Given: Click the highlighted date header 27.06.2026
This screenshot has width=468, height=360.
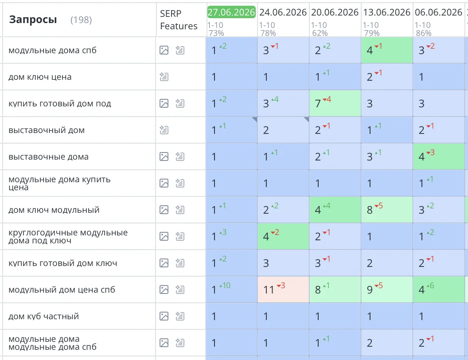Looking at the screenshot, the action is click(231, 12).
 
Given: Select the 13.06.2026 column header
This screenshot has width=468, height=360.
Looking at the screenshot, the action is click(386, 12).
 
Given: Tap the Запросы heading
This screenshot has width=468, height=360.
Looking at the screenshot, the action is click(33, 20).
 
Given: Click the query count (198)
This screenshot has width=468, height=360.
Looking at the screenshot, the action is click(81, 20).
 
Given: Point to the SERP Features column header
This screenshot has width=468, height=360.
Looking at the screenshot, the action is click(179, 20).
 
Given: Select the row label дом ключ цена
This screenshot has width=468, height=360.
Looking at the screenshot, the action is click(40, 77).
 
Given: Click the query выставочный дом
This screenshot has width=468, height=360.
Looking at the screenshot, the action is click(47, 130).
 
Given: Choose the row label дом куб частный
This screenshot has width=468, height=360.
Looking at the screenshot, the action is click(43, 316).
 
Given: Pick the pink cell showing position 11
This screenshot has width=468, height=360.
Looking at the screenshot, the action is click(283, 290).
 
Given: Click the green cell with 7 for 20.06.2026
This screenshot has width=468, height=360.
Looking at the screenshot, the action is click(335, 103).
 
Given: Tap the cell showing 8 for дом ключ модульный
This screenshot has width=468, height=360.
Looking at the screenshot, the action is click(387, 210).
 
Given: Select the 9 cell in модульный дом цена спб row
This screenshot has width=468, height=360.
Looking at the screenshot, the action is click(387, 290).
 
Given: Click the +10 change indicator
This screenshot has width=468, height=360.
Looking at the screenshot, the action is click(225, 286).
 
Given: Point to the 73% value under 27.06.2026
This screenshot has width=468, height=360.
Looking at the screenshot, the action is click(216, 33).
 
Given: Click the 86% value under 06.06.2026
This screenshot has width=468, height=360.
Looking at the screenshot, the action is click(423, 33).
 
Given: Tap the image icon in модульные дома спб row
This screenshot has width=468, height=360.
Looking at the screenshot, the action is click(164, 50).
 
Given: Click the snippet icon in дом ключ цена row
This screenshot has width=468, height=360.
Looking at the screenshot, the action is click(164, 77).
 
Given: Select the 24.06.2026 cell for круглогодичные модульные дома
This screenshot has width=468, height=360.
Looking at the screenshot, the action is click(283, 236).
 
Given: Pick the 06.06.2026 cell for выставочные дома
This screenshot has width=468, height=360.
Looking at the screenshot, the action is click(439, 157).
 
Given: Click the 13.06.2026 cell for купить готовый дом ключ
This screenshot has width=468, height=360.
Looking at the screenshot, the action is click(387, 263).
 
